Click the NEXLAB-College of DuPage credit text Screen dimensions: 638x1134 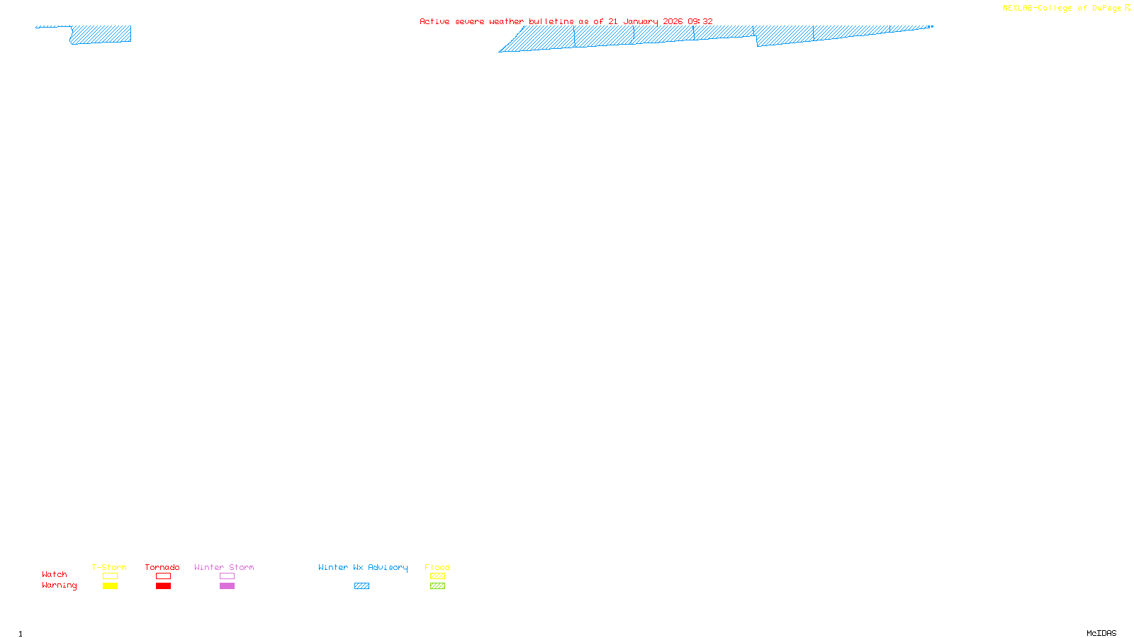(x=1066, y=9)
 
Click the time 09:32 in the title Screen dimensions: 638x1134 (x=700, y=22)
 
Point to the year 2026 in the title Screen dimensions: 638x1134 (x=673, y=22)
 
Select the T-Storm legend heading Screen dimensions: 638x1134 (x=109, y=567)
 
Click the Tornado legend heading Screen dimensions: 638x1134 (x=162, y=567)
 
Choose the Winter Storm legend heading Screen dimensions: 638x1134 (x=224, y=567)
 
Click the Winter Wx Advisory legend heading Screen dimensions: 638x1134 (x=363, y=567)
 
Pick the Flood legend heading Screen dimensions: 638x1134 (x=437, y=567)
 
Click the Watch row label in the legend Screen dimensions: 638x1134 (x=55, y=574)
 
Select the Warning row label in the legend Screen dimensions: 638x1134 (x=60, y=586)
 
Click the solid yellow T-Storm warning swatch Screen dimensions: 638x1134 (x=110, y=586)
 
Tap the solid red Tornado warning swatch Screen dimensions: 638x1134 (x=164, y=586)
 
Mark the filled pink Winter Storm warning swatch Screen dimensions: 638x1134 (x=227, y=586)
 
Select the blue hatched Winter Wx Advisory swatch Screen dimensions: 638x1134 (x=361, y=586)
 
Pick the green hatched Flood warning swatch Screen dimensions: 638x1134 (x=437, y=586)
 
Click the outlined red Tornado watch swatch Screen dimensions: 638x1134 (x=164, y=576)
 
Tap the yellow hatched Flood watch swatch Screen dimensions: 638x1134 (x=437, y=576)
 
